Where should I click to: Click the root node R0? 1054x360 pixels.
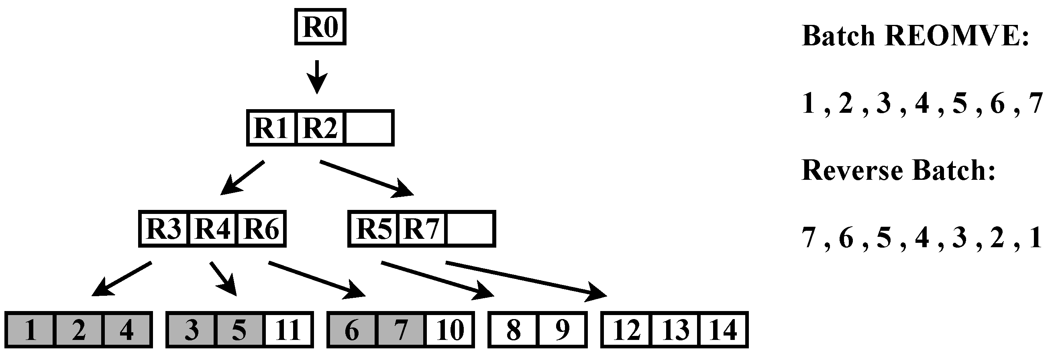pos(320,27)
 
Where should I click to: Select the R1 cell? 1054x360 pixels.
pos(271,128)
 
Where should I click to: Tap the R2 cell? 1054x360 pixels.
pos(320,128)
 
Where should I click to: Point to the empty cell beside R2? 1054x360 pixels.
pos(369,128)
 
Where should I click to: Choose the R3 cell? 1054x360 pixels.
pos(164,229)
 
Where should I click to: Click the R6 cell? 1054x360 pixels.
pos(261,229)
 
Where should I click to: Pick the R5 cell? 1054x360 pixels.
pos(373,229)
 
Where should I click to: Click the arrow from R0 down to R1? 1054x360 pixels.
pos(317,77)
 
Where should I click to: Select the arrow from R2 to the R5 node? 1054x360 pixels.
pos(366,178)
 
